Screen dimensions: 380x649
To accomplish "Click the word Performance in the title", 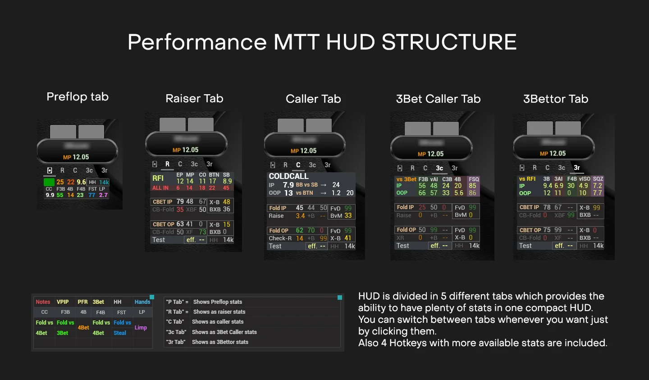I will pos(197,42).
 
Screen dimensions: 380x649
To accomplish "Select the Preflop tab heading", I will pos(78,97).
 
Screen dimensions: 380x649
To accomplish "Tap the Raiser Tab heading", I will pos(194,99).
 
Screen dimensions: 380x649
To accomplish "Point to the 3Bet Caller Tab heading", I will pos(438,99).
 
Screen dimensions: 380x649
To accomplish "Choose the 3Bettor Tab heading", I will pos(556,99).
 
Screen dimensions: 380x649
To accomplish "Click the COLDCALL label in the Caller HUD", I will pos(288,176).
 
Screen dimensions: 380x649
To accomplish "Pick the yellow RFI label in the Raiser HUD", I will pos(158,178).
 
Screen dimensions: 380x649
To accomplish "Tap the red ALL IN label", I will pos(160,188).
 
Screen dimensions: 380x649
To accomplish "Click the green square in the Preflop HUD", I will pos(49,182).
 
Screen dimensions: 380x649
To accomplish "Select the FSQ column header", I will pos(474,179).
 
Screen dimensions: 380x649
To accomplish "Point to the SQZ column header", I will pos(598,179).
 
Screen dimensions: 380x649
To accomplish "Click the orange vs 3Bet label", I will pos(407,179).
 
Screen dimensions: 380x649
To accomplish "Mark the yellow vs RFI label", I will pos(527,179).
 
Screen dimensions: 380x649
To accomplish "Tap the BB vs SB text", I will pos(306,185).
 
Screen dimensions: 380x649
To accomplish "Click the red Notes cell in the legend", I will pos(43,302).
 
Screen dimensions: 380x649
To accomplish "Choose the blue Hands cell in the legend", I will pos(142,302).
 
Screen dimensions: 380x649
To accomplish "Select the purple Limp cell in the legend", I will pos(141,328).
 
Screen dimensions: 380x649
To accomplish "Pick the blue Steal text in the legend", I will pos(120,333).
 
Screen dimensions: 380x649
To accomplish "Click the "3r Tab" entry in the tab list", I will pos(175,342).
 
